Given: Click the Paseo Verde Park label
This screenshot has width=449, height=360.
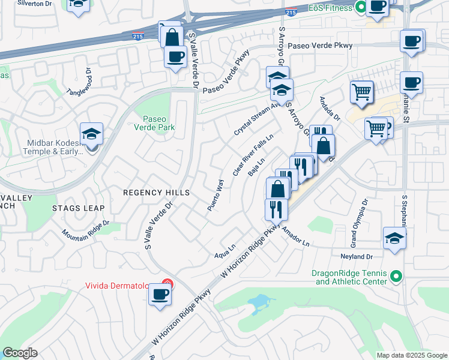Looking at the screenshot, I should [158, 122].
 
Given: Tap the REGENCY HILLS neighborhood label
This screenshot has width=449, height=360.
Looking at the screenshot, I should [156, 193].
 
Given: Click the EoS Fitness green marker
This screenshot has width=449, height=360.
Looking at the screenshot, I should [360, 8].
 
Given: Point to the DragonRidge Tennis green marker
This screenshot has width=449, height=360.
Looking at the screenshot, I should [396, 277].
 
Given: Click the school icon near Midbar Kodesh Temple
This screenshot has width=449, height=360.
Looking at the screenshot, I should [91, 134].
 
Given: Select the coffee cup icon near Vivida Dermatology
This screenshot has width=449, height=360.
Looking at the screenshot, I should [160, 295].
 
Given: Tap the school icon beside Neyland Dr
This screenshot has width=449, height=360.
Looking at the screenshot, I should [394, 238].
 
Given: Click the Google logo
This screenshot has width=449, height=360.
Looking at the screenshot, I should [20, 353].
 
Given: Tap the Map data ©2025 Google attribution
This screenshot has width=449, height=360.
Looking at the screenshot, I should [411, 355].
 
